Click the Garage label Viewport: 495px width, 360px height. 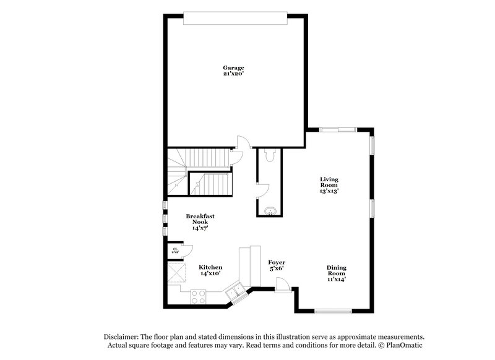click(234, 67)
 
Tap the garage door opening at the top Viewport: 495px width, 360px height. click(236, 19)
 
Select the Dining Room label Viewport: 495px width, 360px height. click(337, 270)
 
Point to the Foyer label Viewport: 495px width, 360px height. click(277, 262)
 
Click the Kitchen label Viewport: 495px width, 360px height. click(210, 267)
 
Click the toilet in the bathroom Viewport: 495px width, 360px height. click(269, 158)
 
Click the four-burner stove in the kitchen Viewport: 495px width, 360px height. click(199, 297)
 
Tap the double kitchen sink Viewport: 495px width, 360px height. click(235, 291)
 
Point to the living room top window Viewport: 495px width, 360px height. click(338, 130)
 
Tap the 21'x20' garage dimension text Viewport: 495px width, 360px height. click(234, 74)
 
